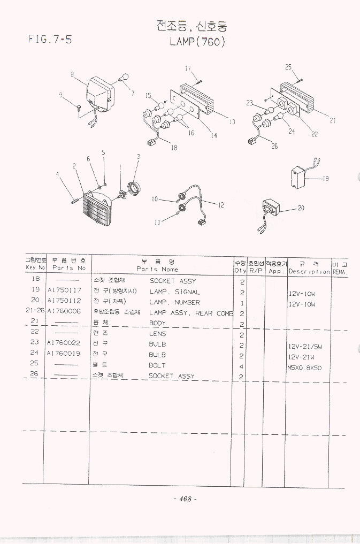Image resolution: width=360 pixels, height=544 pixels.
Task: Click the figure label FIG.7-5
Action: (x=49, y=39)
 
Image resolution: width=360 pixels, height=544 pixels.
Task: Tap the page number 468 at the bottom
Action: (x=185, y=499)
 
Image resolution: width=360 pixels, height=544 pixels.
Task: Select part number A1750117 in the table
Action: (x=64, y=290)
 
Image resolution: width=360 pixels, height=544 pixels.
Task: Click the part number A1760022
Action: (x=64, y=343)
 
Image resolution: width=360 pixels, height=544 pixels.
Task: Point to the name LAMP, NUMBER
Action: (x=174, y=302)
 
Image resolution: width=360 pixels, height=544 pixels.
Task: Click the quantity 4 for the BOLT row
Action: (x=242, y=366)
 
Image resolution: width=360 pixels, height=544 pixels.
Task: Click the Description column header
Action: (x=309, y=271)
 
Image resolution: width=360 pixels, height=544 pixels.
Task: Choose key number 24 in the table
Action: (x=35, y=353)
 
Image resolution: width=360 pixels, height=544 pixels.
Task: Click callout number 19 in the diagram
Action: (x=325, y=179)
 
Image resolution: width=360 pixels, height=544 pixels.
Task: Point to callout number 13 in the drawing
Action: (x=232, y=122)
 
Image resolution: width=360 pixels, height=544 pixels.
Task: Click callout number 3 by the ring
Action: (x=138, y=157)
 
